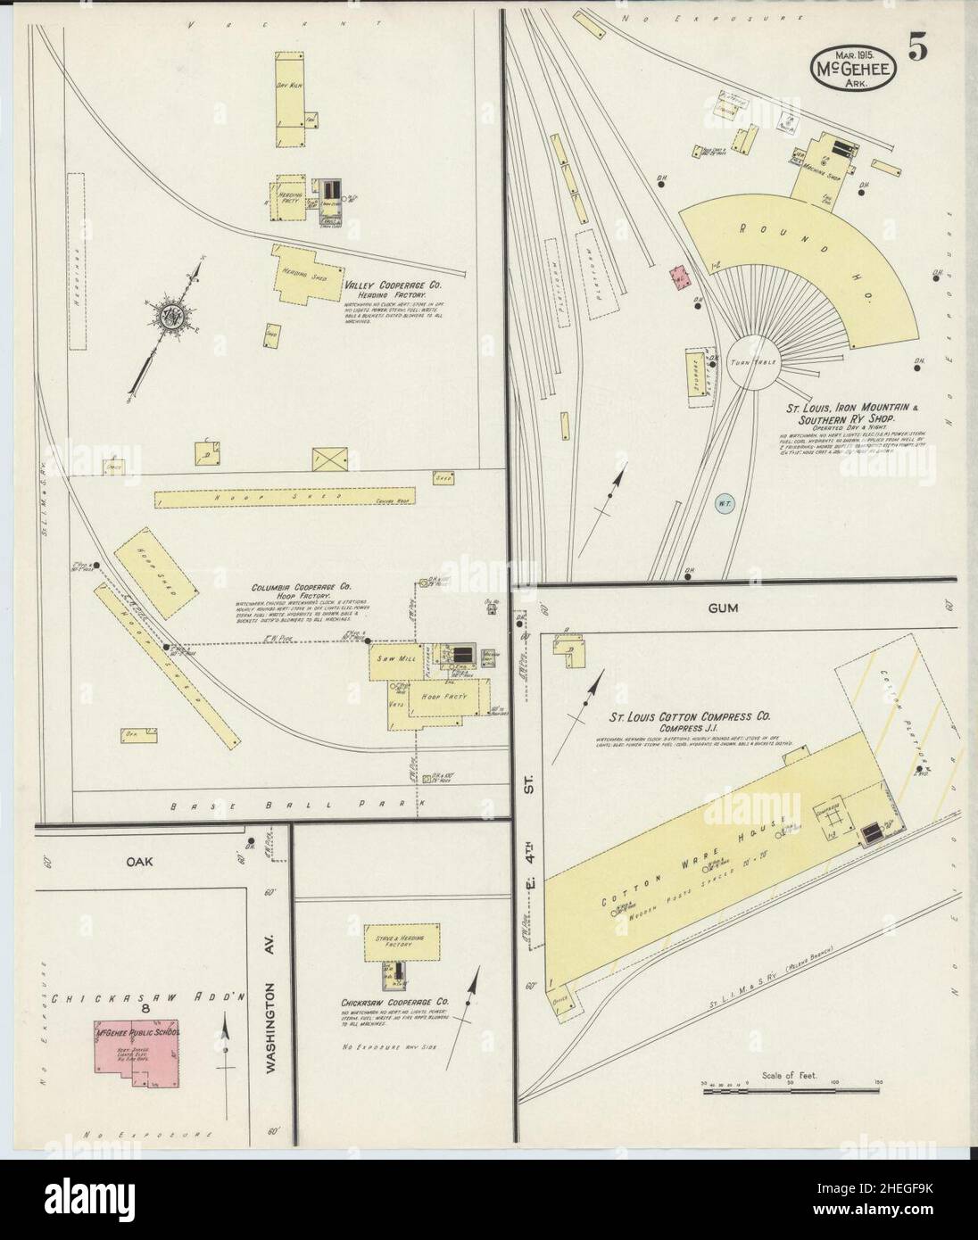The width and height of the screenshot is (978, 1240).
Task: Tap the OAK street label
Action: (140, 862)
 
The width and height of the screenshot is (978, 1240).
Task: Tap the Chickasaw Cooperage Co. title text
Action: (394, 1003)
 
